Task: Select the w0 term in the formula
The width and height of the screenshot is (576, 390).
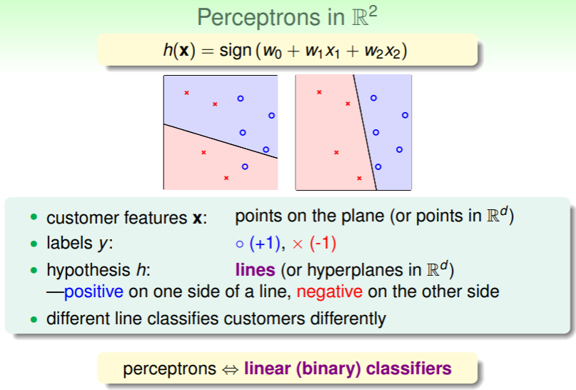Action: pyautogui.click(x=272, y=51)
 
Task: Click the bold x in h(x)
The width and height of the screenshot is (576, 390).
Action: pyautogui.click(x=184, y=51)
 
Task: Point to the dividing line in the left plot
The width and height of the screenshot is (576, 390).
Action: pyautogui.click(x=221, y=141)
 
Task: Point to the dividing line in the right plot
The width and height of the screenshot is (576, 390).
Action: pyautogui.click(x=365, y=132)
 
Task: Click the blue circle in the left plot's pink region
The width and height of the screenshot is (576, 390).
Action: pyautogui.click(x=245, y=166)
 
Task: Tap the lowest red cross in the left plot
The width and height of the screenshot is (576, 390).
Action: pyautogui.click(x=226, y=178)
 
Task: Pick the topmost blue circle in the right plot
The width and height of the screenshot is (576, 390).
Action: pyautogui.click(x=373, y=98)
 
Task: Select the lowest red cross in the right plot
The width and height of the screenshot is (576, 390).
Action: pyautogui.click(x=359, y=179)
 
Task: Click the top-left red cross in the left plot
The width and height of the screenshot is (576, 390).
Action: pyautogui.click(x=186, y=93)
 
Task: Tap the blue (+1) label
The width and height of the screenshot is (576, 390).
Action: pyautogui.click(x=265, y=244)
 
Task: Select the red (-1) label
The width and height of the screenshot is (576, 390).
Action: pyautogui.click(x=323, y=244)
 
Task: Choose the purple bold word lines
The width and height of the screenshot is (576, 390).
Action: pyautogui.click(x=256, y=270)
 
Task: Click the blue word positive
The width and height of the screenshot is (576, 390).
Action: pyautogui.click(x=94, y=291)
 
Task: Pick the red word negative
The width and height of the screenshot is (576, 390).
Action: pyautogui.click(x=330, y=291)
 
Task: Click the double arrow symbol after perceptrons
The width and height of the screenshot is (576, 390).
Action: pyautogui.click(x=231, y=369)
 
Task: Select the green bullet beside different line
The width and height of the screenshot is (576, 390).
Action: pyautogui.click(x=34, y=319)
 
